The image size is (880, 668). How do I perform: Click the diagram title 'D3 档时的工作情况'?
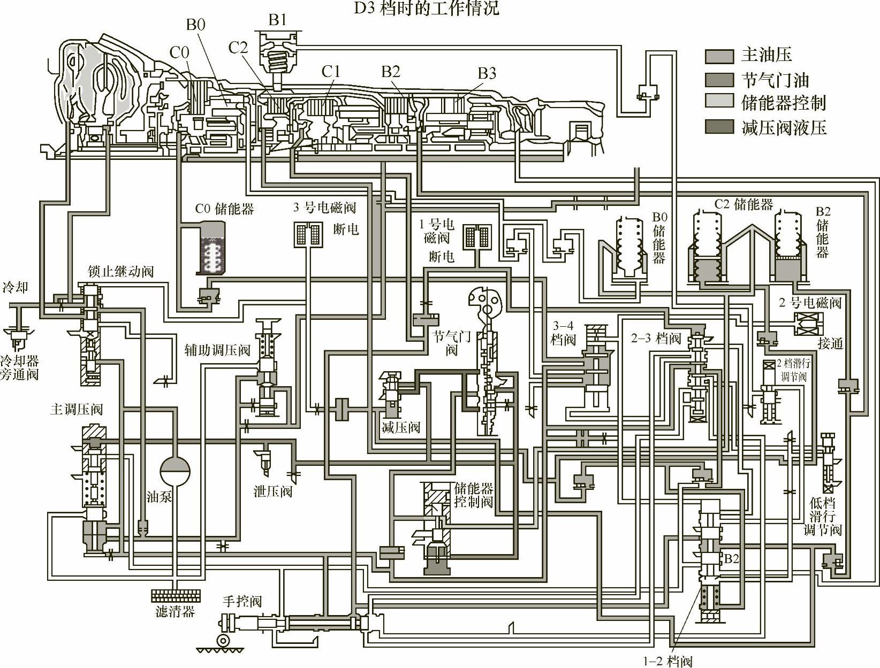pos(427,8)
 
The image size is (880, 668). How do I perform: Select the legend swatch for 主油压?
pos(719,56)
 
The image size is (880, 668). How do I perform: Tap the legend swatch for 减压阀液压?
pos(719,127)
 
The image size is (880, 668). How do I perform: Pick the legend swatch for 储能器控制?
pos(719,103)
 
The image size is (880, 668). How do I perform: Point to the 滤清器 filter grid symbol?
pos(176,595)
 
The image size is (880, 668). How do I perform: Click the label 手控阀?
pos(242,601)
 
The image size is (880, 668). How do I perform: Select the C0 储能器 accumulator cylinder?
pos(210,249)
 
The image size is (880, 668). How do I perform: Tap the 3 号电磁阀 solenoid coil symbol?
pos(308,234)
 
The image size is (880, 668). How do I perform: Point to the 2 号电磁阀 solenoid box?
pos(809,324)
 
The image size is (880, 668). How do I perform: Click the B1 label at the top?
pos(277,20)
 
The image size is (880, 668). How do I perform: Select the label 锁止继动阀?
pos(120,272)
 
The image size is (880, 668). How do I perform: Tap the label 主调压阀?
pos(76,410)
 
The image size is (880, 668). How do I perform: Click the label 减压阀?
pos(400,427)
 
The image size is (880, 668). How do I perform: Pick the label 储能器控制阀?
pos(473,495)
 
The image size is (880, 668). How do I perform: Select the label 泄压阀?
pos(273,491)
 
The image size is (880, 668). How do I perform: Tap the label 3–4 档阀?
pos(563,332)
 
